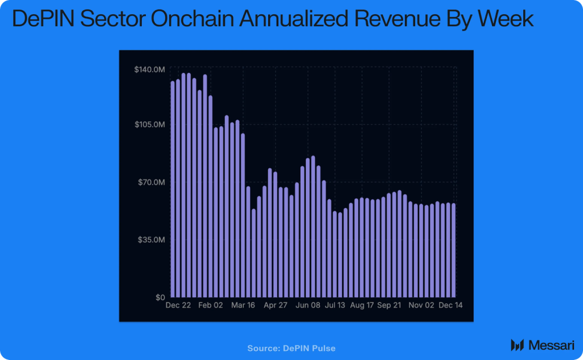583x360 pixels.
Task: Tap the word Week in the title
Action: [x=505, y=20]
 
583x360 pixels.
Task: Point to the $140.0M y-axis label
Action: [x=149, y=69]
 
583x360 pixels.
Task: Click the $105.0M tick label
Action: [x=149, y=125]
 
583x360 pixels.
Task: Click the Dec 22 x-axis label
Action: [x=178, y=306]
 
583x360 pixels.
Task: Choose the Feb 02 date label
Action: [x=211, y=306]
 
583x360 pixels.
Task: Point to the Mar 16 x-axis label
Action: [x=243, y=306]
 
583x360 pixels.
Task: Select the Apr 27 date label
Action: [x=276, y=306]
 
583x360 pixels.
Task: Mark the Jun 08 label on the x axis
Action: [x=308, y=306]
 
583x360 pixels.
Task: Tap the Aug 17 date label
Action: [x=362, y=306]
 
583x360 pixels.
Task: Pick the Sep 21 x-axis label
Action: [x=389, y=306]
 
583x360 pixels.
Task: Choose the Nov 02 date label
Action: [x=422, y=306]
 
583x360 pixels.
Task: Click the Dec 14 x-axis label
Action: [x=450, y=306]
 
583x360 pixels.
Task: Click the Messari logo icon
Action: [x=517, y=345]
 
